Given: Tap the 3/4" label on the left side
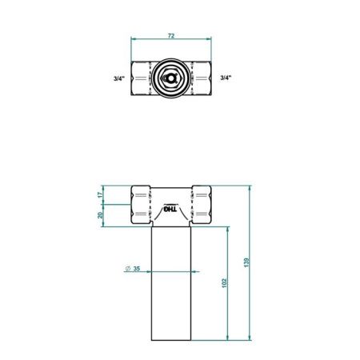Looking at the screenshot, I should coord(118,78).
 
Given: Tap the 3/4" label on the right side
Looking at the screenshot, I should coord(226,78).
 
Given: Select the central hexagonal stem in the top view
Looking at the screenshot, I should coord(171,78).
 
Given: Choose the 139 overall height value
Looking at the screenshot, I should coord(247,262).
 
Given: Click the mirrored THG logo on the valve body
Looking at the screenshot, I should coord(171,211).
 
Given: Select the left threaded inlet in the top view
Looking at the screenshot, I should coord(142,78).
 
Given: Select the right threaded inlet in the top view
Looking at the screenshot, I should coord(200,78).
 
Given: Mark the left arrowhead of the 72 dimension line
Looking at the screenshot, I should coord(134,42).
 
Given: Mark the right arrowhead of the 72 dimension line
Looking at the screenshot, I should coord(210,42).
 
